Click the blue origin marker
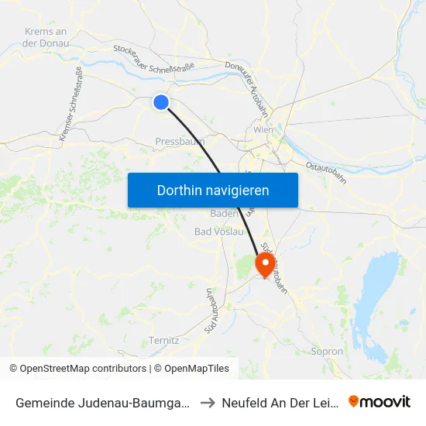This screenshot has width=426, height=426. [x=161, y=101]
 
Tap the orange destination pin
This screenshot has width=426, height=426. [x=265, y=264]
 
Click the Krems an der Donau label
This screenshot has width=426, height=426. [x=46, y=37]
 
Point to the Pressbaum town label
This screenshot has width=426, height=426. [x=180, y=142]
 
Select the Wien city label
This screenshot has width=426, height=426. [x=264, y=130]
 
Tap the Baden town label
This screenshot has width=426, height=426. [x=224, y=213]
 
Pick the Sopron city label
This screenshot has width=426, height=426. [x=326, y=351]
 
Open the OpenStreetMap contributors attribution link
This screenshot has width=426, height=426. [x=78, y=369]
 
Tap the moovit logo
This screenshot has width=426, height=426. [x=379, y=402]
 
